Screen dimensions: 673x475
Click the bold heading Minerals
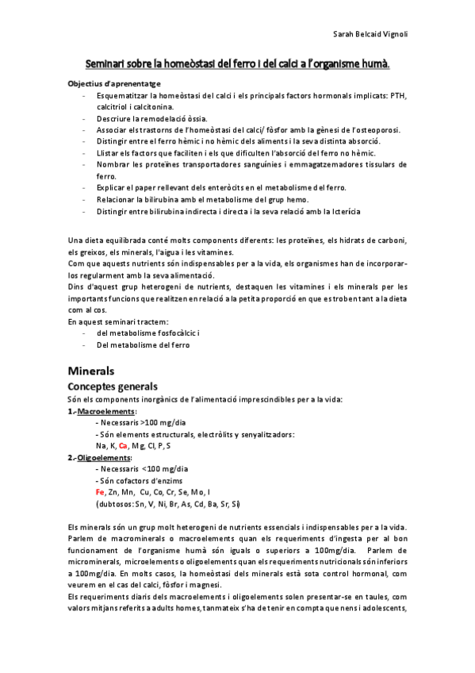[x=91, y=371]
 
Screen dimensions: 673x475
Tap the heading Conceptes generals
[x=113, y=386]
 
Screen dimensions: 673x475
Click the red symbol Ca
[x=123, y=446]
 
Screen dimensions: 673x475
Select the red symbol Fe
[x=99, y=492]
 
